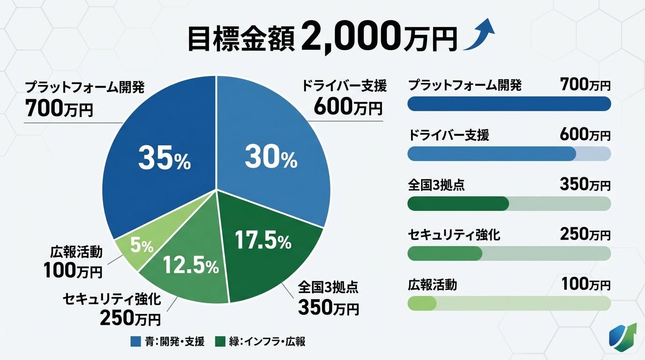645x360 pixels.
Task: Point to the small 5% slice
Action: point(142,246)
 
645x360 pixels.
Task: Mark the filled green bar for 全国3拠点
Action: point(458,203)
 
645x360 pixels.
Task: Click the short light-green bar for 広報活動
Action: point(422,303)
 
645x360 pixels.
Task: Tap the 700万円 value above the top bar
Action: point(585,85)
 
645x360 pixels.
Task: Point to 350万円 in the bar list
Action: point(585,185)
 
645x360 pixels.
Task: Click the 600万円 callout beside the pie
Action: point(348,107)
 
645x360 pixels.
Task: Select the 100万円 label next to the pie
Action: point(73,270)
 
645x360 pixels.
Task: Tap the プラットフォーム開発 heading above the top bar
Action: point(465,85)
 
